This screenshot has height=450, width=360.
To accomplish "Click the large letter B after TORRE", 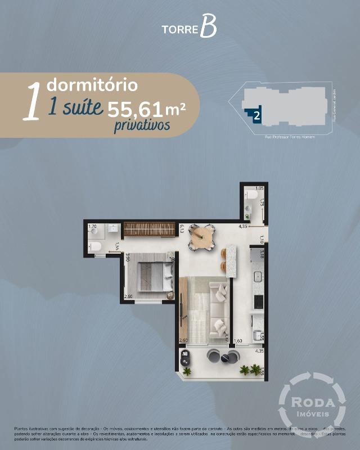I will (208, 28).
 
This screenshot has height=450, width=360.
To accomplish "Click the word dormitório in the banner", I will (92, 85).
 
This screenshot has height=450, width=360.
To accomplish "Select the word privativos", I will (142, 125).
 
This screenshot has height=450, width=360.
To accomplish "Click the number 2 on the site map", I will (256, 116).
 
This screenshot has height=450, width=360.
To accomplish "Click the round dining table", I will (201, 237).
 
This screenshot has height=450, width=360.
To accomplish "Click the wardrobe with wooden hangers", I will (150, 229).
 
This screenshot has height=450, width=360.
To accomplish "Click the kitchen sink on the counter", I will (258, 277).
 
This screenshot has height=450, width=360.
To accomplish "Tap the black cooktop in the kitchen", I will (258, 302).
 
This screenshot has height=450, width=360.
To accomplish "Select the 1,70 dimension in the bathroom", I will (93, 227).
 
